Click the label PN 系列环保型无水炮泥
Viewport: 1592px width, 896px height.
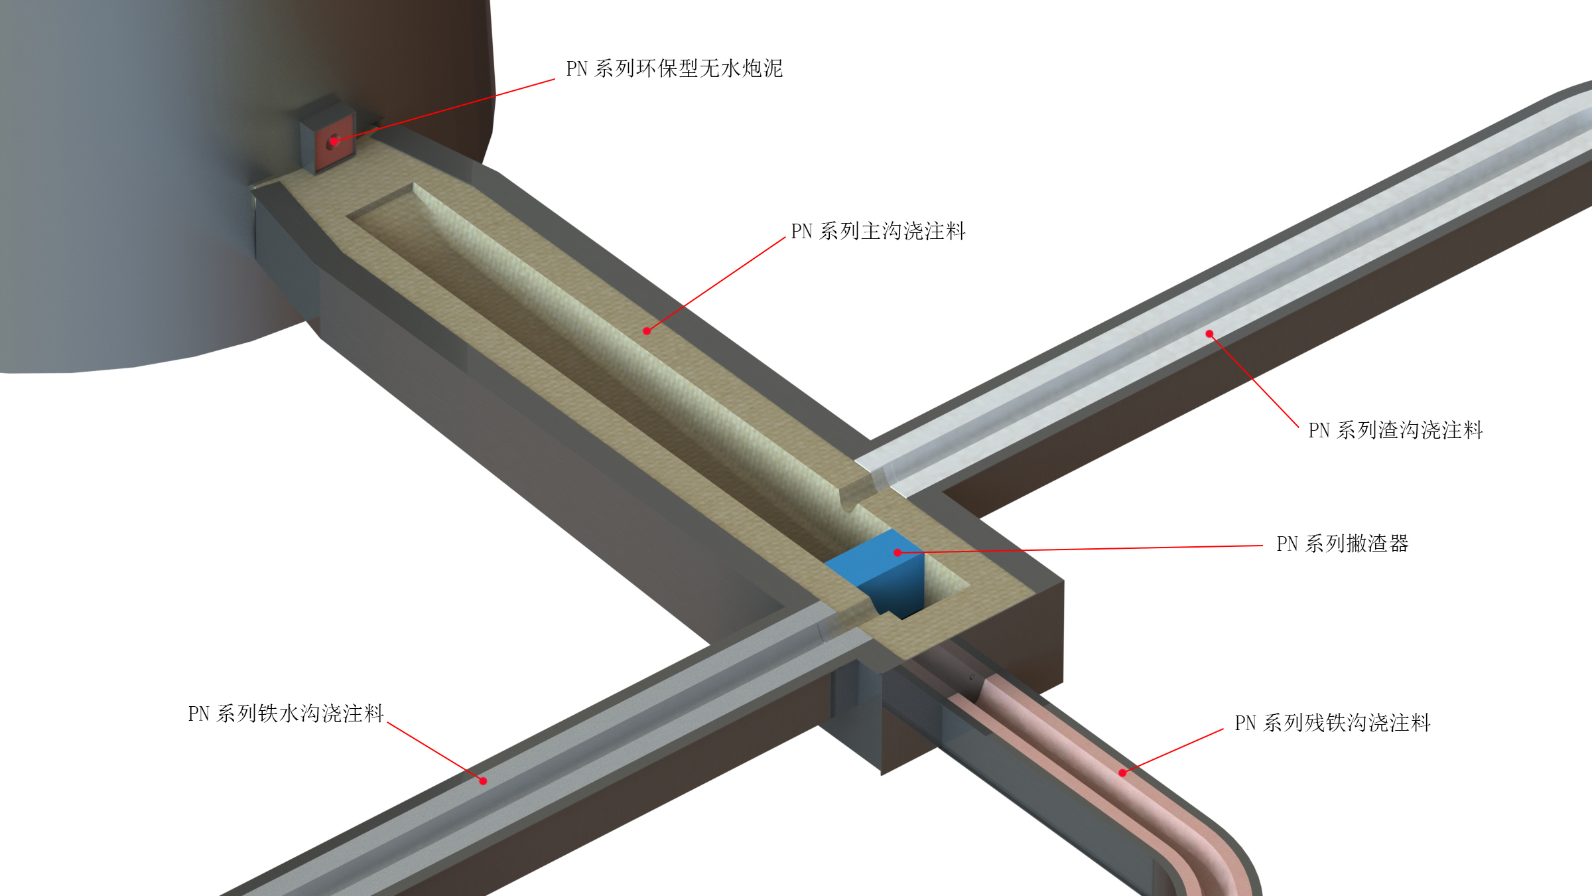(674, 68)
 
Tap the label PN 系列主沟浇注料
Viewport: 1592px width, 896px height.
(878, 231)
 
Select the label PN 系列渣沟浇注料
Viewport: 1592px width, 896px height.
(1395, 430)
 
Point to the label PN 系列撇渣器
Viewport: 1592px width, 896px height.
(1342, 544)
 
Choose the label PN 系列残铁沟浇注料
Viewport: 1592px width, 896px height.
(1332, 723)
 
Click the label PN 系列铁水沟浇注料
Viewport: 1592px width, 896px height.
(286, 713)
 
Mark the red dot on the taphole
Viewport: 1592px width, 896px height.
(334, 141)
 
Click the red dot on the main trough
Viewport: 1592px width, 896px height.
(647, 331)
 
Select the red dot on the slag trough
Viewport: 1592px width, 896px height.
(1209, 334)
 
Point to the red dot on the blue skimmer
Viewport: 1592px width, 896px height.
(897, 552)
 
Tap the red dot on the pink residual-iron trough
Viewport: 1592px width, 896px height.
(1122, 773)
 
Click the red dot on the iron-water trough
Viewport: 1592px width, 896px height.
(483, 781)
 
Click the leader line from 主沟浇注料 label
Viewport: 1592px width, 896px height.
(716, 284)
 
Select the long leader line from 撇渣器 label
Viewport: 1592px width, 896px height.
(1081, 549)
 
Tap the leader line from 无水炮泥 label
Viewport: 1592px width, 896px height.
(444, 110)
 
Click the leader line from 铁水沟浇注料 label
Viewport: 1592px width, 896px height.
(434, 751)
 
